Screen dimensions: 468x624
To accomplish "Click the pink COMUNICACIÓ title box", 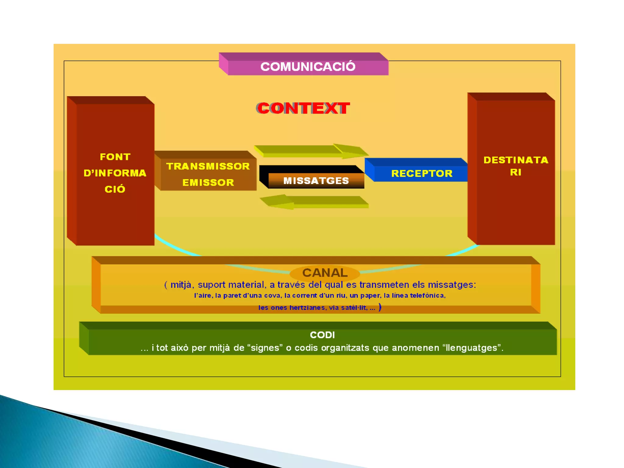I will pos(308,66).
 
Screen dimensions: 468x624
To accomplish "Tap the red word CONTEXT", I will pos(303,108).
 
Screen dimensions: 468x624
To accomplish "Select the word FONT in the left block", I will pos(115,157).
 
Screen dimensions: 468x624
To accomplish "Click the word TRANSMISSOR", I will pos(208,166).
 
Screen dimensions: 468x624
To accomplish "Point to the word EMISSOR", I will pos(208,183).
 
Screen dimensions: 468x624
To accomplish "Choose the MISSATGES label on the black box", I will pos(316,181).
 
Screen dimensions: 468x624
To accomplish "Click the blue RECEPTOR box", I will pos(422,173).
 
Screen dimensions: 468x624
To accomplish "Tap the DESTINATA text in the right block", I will pos(516,160).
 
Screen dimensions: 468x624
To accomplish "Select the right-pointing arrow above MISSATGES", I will pos(311,151).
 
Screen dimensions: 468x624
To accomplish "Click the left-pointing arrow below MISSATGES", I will pos(314,202).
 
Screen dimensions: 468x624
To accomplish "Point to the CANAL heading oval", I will pos(325,273).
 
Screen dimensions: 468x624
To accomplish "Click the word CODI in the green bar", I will pos(322,335).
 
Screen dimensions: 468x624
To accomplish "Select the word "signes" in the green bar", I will pos(265,348).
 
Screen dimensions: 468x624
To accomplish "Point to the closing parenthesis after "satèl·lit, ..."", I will pos(380,307).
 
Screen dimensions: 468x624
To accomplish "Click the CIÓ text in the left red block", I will pos(115,189).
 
